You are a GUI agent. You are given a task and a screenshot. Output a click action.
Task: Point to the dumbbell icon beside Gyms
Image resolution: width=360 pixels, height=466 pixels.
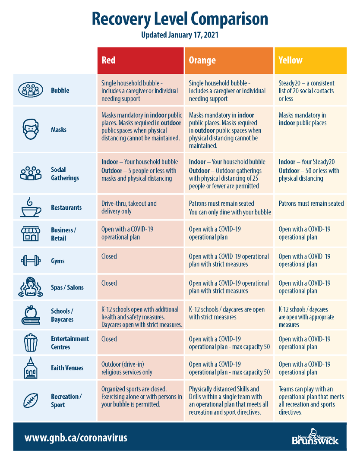pos(30,261)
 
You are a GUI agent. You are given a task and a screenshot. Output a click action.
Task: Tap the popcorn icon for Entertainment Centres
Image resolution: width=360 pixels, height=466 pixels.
pos(31,343)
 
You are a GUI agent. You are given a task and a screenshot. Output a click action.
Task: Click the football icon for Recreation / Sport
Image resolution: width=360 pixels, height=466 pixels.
pos(31,400)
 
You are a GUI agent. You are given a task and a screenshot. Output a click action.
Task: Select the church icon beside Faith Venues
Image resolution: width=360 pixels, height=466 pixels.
pos(31,368)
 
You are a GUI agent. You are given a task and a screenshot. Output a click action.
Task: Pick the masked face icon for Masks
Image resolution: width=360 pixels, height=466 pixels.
pos(31,129)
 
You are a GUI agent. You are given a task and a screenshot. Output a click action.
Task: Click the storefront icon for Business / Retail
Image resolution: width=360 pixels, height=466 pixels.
pos(31,233)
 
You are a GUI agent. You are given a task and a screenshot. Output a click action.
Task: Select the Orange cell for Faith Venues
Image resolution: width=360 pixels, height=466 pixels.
pos(229,368)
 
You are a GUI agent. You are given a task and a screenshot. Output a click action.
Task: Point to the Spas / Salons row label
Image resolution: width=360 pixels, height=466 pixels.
pos(67,287)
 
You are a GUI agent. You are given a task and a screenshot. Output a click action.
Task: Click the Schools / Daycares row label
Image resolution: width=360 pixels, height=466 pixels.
pos(62,315)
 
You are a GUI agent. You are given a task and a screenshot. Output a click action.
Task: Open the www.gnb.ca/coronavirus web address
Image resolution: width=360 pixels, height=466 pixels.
pos(76,438)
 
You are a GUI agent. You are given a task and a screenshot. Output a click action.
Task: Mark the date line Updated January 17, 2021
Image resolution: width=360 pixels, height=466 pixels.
pos(180,35)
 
